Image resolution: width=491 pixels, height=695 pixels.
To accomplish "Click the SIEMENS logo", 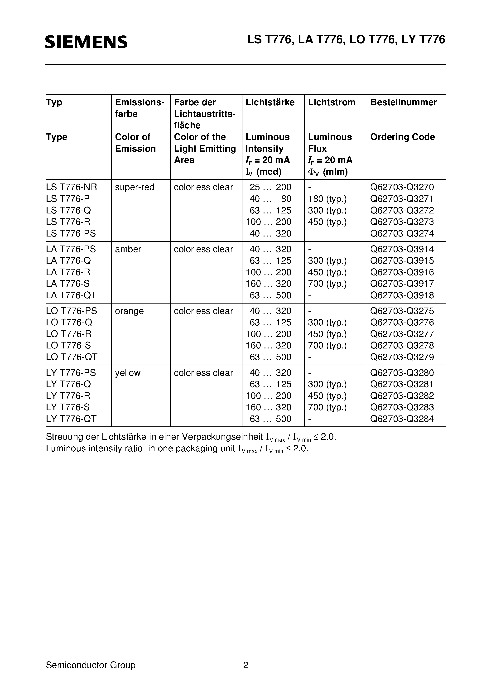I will pos(86,42).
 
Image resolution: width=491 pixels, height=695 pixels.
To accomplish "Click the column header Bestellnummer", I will pos(403,102).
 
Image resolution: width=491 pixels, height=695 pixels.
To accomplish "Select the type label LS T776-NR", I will pos(72,187).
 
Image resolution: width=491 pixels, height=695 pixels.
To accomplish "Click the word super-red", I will pos(135,187).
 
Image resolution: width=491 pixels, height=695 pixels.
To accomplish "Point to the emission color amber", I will pos(128,249).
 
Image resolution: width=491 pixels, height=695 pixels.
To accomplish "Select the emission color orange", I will pos(129,311).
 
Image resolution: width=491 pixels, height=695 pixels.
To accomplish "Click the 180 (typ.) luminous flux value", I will pos(327,199).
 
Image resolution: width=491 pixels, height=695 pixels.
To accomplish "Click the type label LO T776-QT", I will pos(72,357).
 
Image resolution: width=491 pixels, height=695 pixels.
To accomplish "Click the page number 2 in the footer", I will pos(245,665).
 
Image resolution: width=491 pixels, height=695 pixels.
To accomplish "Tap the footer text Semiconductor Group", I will pos(91,665).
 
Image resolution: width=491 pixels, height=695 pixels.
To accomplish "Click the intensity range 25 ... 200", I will pos(270,187).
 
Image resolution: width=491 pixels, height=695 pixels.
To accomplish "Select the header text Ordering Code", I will pos(402,137).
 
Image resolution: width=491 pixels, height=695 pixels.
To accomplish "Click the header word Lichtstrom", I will pos(332,102).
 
